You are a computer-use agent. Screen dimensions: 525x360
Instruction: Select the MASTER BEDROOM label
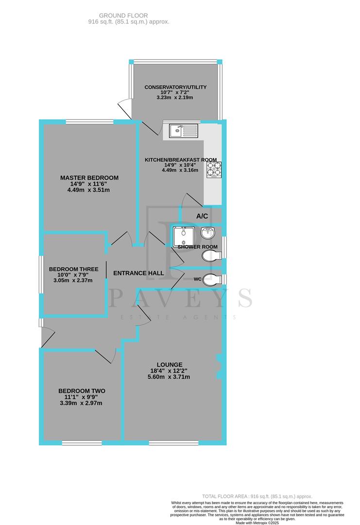point(89,178)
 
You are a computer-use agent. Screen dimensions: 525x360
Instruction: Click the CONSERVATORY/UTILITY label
point(175,87)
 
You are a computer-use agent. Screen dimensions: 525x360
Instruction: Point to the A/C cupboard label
point(202,216)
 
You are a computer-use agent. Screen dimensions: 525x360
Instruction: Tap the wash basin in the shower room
point(210,233)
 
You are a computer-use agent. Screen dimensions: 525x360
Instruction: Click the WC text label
point(197,280)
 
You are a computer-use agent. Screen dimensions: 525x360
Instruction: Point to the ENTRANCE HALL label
point(138,273)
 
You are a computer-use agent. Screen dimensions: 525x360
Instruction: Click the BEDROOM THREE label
point(73,269)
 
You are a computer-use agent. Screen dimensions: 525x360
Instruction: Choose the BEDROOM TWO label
point(82,391)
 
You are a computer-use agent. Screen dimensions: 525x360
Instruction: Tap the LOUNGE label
point(170,365)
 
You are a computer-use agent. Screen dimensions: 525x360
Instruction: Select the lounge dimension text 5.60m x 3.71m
point(170,377)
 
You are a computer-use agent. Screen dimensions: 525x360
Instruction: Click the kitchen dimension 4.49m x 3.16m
point(180,170)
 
